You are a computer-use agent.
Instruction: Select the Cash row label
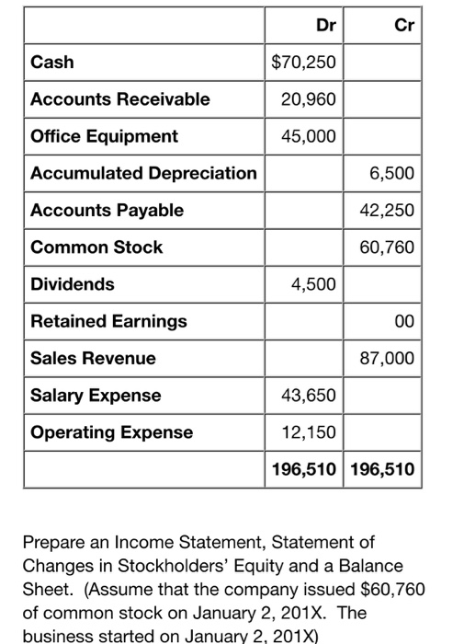[52, 63]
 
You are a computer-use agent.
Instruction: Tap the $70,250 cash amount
[305, 63]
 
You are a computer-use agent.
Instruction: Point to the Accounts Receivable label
[119, 99]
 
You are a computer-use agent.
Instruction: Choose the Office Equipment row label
[104, 136]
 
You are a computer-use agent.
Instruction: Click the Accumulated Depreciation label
[143, 173]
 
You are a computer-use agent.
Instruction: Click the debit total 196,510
[304, 470]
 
